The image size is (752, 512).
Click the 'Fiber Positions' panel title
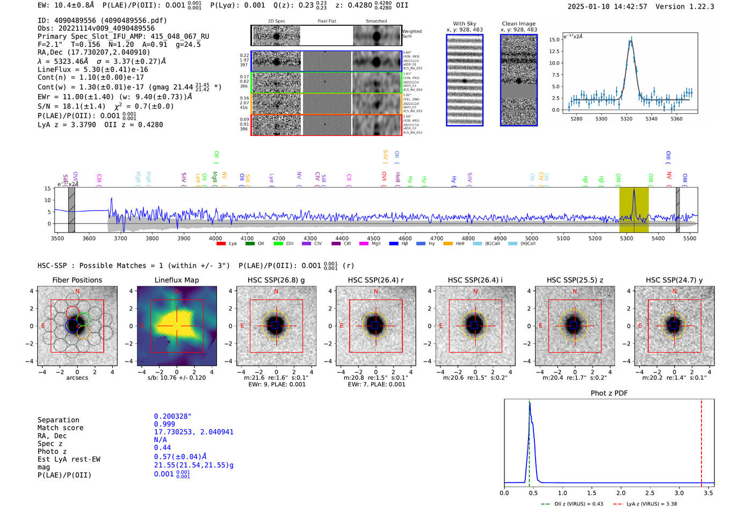(x=77, y=280)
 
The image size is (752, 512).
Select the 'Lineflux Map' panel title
(x=176, y=280)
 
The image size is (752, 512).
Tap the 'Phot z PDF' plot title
(x=609, y=393)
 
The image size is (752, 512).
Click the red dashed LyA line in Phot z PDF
(x=701, y=441)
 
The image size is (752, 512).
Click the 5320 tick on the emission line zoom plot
(x=626, y=119)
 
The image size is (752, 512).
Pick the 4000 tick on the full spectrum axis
(x=215, y=239)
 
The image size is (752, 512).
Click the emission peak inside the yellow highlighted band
(x=634, y=191)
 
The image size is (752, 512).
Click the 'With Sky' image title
(x=464, y=24)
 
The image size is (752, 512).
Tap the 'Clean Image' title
(x=518, y=24)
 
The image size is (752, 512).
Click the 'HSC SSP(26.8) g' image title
(x=276, y=280)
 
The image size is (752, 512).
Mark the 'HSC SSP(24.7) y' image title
(x=674, y=280)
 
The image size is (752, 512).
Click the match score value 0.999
(x=164, y=424)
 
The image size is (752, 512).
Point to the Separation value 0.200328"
(x=172, y=416)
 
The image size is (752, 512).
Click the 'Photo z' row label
(x=52, y=451)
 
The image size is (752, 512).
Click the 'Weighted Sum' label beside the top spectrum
(x=412, y=34)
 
